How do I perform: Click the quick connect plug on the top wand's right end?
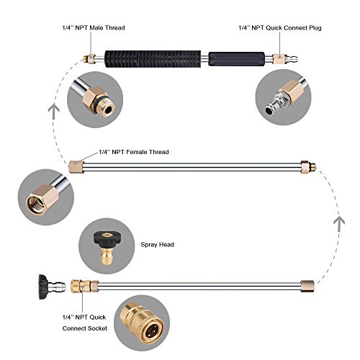point(278,56)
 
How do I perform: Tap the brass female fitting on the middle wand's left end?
point(75,166)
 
